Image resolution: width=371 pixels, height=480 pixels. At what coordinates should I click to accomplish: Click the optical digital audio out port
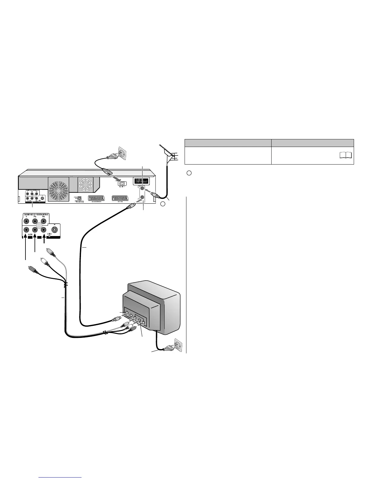tap(79, 198)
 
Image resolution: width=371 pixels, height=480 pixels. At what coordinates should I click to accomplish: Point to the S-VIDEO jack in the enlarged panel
tap(54, 229)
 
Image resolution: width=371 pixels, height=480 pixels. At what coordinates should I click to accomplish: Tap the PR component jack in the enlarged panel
tap(44, 221)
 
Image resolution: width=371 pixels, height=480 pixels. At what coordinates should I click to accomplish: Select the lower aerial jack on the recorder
tap(142, 198)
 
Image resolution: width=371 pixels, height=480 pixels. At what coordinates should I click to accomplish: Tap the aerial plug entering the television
tap(115, 319)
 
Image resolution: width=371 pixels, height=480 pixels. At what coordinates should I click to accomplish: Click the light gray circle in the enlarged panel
tap(39, 226)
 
